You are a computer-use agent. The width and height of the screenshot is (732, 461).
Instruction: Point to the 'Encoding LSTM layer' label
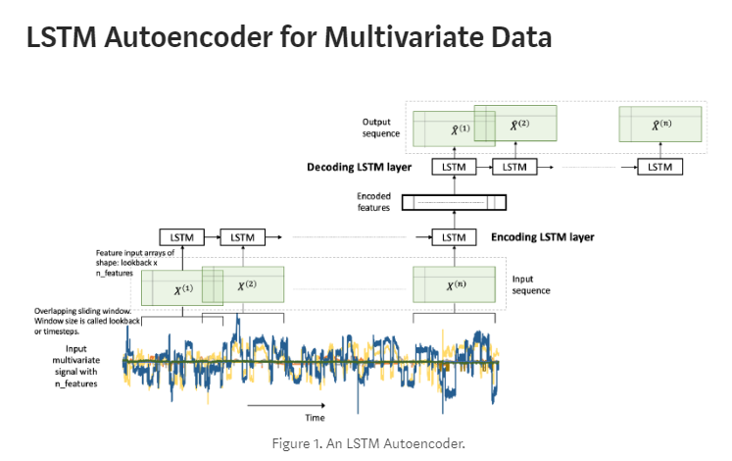point(542,236)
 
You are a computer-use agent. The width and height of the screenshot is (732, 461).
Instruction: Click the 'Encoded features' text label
point(373,202)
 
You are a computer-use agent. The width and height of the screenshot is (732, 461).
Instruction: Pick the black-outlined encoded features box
point(455,203)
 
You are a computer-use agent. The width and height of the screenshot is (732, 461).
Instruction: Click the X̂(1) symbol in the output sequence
point(460,129)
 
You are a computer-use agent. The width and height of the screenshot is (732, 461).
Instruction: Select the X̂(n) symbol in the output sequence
point(661,126)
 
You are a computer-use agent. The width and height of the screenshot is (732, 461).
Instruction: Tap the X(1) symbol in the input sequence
point(184,289)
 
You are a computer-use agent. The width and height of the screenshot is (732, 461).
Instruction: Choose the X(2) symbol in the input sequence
point(247,285)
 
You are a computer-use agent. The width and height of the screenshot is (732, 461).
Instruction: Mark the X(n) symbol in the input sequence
point(455,285)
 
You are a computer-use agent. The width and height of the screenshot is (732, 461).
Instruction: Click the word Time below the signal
point(315,417)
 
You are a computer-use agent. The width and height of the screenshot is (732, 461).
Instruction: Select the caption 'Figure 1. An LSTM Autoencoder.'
point(367,443)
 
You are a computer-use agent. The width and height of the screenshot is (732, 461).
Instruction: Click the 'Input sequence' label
point(532,284)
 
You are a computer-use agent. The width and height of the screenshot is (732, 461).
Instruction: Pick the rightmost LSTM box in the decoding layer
point(661,167)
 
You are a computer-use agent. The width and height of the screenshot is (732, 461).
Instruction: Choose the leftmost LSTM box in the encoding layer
point(182,237)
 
